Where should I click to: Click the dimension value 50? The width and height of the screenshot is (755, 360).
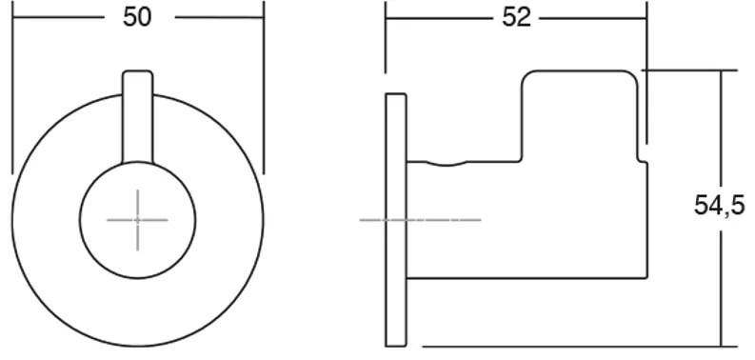137,18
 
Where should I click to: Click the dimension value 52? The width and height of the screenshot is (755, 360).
516,18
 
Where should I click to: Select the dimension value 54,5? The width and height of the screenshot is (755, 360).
719,206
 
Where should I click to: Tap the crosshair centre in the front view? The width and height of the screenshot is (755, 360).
138,220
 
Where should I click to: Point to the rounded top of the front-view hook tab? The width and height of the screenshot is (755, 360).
138,72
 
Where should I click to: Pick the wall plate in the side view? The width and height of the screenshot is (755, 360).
396,220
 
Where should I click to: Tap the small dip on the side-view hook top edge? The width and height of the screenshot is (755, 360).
447,164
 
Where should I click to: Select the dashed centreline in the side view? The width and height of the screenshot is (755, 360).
420,220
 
